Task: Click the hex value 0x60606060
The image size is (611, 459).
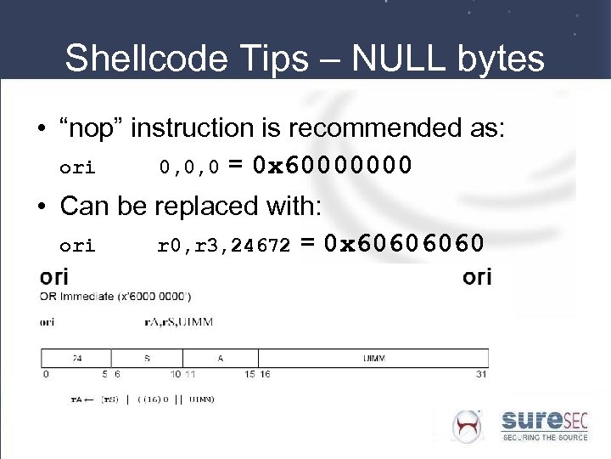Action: pyautogui.click(x=412, y=245)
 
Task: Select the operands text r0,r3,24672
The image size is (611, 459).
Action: pyautogui.click(x=224, y=246)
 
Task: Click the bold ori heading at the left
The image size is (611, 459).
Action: pyautogui.click(x=54, y=278)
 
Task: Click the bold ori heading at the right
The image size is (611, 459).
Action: pyautogui.click(x=477, y=278)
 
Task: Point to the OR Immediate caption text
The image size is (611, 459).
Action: pyautogui.click(x=115, y=297)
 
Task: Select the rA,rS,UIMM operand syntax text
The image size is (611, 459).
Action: pyautogui.click(x=179, y=322)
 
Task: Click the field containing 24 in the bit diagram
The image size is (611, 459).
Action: pyautogui.click(x=76, y=358)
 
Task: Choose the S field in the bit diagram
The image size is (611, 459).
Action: pyautogui.click(x=147, y=358)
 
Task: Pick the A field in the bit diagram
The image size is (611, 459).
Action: pyautogui.click(x=220, y=358)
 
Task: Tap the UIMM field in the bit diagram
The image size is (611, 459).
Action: pyautogui.click(x=373, y=358)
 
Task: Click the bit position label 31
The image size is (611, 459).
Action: pyautogui.click(x=482, y=374)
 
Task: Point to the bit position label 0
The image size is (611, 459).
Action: pyautogui.click(x=45, y=374)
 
